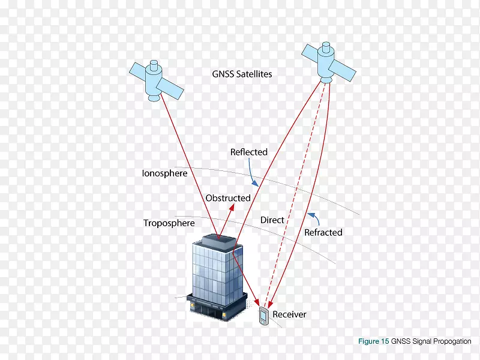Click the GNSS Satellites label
pos(242,74)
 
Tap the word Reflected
pos(249,152)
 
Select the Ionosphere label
pos(164,173)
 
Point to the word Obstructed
pos(228,198)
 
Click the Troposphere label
pos(169,223)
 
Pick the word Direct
pos(272,220)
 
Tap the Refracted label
pos(323,233)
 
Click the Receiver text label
pos(289,314)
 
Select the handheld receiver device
pos(264,316)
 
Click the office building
pos(217,277)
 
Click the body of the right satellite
pos(325,63)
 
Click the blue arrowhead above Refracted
pos(311,215)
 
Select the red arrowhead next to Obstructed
pos(232,208)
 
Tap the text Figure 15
pos(373,341)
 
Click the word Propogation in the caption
pos(452,341)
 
